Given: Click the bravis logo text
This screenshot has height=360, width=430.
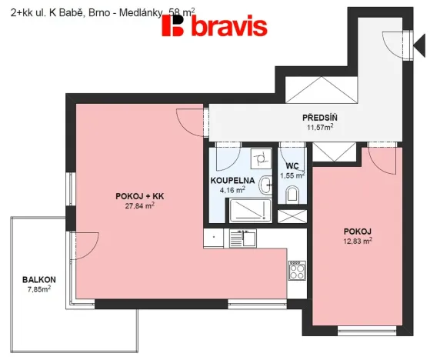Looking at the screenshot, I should [227, 27].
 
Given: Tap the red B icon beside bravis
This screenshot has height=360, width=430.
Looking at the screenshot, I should [174, 27].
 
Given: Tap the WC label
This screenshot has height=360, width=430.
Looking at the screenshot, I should [292, 165].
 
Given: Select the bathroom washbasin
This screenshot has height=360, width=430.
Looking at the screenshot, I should [265, 183].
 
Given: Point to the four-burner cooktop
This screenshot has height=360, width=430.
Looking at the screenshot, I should [297, 269].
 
